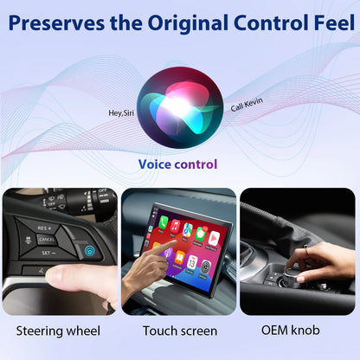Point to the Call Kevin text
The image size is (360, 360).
pos(247,105)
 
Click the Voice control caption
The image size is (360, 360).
pos(177,164)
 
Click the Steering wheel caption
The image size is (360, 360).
pos(58,331)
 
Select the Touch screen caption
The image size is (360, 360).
pos(179,331)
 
